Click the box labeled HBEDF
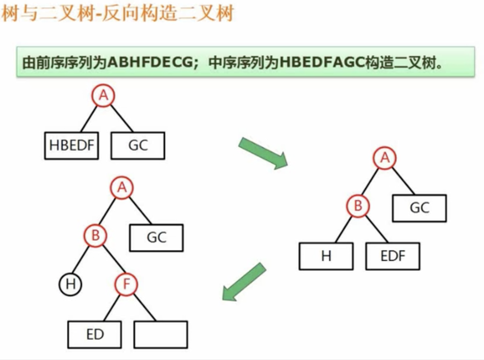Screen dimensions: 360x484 pyautogui.click(x=71, y=145)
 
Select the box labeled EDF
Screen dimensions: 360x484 pyautogui.click(x=393, y=256)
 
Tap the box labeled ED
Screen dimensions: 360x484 pyautogui.click(x=95, y=334)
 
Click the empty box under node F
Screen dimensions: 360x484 pyautogui.click(x=161, y=334)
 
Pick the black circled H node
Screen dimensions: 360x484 pyautogui.click(x=71, y=284)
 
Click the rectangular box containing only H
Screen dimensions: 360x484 pyautogui.click(x=326, y=256)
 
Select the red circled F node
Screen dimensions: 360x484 pyautogui.click(x=126, y=284)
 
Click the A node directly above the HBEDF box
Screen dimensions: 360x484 pyautogui.click(x=103, y=96)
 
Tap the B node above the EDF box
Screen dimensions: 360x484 pyautogui.click(x=358, y=206)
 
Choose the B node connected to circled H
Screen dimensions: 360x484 pyautogui.click(x=95, y=236)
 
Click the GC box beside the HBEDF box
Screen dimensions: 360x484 pyautogui.click(x=138, y=145)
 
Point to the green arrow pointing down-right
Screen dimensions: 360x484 pyautogui.click(x=263, y=153)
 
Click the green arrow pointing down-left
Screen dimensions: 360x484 pyautogui.click(x=244, y=282)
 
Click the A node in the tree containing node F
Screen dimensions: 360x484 pyautogui.click(x=122, y=188)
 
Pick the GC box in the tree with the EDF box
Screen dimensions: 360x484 pyautogui.click(x=419, y=208)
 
